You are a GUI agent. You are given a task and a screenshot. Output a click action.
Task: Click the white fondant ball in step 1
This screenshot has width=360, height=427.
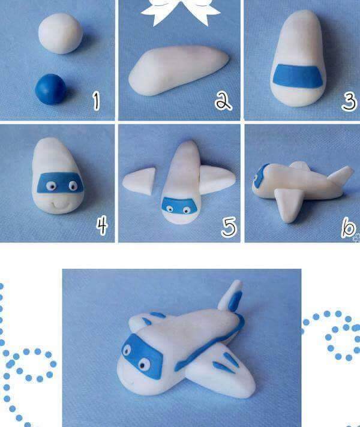60,34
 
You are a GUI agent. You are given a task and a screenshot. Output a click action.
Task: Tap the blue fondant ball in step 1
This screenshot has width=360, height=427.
50,89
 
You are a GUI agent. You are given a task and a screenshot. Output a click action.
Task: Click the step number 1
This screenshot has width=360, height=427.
96,101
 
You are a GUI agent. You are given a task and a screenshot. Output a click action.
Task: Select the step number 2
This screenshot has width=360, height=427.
223,101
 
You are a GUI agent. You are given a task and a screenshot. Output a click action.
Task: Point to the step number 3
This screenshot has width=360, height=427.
349,101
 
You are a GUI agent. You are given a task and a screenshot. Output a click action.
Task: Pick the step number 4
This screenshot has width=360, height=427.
102,225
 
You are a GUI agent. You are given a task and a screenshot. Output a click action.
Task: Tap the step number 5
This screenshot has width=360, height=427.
229,227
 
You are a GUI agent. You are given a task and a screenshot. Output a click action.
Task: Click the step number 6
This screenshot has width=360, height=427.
348,227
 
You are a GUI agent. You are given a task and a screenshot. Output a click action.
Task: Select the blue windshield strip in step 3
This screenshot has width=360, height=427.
298,76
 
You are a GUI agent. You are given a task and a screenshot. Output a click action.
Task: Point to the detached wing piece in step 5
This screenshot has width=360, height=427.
140,181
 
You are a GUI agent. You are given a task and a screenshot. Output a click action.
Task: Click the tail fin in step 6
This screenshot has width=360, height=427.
341,175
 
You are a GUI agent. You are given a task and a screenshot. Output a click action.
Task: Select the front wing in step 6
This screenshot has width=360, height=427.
289,205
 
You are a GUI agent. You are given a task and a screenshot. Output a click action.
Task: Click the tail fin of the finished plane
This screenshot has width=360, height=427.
231,297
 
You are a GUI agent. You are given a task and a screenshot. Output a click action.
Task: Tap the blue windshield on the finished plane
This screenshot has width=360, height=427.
142,356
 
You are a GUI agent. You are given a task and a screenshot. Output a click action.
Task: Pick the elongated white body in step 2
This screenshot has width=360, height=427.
179,70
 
